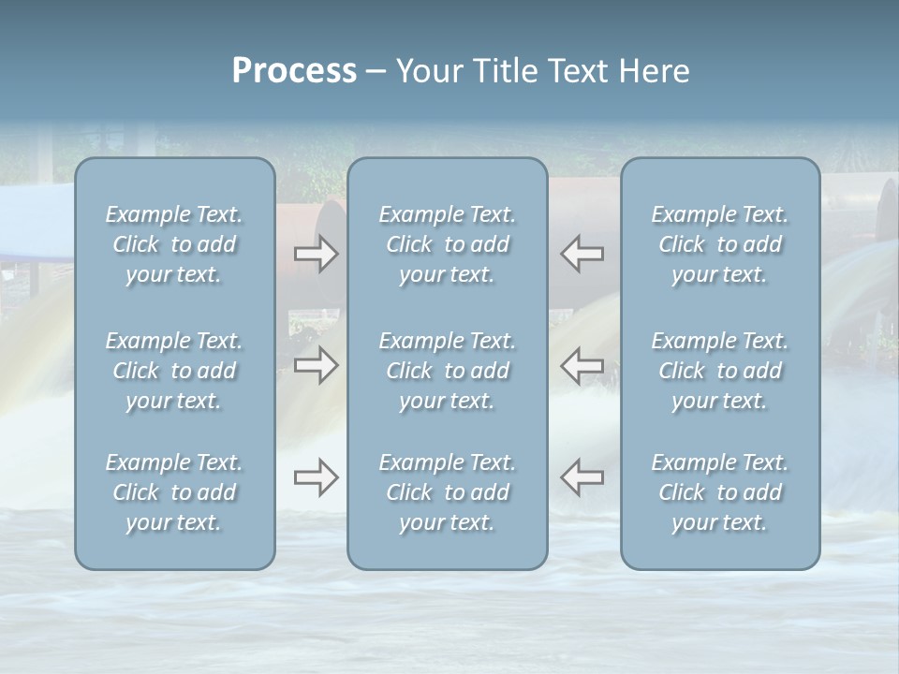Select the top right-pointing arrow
point(316,253)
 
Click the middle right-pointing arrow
point(316,364)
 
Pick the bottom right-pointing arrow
point(316,477)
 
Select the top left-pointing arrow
point(582,253)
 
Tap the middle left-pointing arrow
point(582,364)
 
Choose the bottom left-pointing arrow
point(582,477)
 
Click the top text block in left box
point(174,244)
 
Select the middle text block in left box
point(174,371)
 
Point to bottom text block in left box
point(174,492)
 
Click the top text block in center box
point(448,244)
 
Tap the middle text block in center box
point(448,371)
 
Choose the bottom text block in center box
point(448,492)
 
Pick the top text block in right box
point(720,244)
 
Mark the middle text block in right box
point(720,371)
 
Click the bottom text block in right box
point(720,492)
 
